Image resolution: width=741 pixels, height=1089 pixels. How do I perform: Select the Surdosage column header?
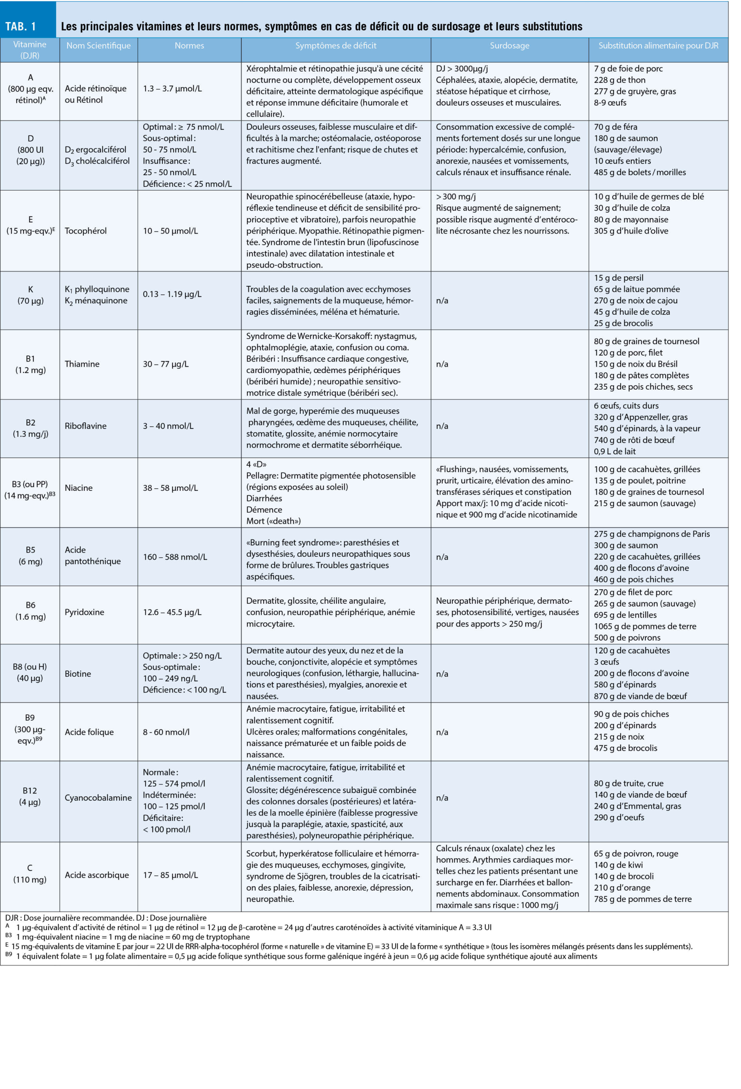(509, 46)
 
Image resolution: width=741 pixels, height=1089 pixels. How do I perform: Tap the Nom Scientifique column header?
(98, 46)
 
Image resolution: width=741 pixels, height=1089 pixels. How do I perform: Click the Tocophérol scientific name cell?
(86, 231)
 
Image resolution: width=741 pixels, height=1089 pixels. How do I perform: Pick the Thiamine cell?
(82, 364)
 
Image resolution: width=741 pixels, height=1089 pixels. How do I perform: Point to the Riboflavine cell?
(86, 425)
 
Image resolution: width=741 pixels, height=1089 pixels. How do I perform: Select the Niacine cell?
(79, 487)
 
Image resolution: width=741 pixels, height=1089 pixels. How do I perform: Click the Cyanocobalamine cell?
(98, 797)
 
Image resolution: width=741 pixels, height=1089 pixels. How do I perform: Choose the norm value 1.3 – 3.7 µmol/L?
(172, 88)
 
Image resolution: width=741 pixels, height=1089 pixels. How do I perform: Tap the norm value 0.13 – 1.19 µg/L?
(172, 294)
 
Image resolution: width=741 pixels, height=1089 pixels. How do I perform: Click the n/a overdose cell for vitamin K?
(442, 300)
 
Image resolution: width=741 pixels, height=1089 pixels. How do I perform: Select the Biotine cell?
(78, 673)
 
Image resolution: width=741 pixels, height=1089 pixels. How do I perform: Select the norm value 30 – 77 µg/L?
(165, 364)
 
